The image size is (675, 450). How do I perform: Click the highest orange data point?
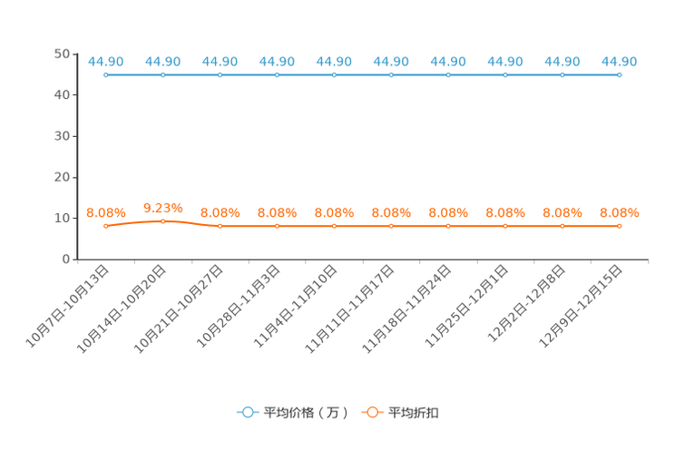click(163, 220)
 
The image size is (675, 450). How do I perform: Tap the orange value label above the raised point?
click(163, 207)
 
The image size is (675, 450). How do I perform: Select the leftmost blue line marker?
click(106, 75)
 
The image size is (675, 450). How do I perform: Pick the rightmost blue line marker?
click(620, 75)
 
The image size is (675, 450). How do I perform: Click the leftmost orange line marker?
click(106, 226)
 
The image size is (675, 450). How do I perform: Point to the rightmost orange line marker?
click(620, 226)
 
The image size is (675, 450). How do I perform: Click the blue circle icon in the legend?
click(247, 412)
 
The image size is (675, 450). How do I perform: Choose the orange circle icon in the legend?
click(371, 412)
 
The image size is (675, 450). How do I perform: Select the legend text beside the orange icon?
click(415, 413)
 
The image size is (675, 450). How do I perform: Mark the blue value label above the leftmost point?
click(106, 62)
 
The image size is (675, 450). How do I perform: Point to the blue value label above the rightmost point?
click(620, 62)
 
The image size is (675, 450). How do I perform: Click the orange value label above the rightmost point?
click(620, 212)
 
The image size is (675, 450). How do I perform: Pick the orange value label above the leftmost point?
click(104, 212)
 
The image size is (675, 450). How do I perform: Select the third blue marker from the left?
click(220, 75)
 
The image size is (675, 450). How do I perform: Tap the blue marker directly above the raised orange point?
click(163, 75)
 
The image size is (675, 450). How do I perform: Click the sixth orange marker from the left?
click(391, 226)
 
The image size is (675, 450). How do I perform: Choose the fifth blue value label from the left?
click(334, 62)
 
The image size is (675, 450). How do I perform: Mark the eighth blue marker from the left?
click(505, 75)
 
